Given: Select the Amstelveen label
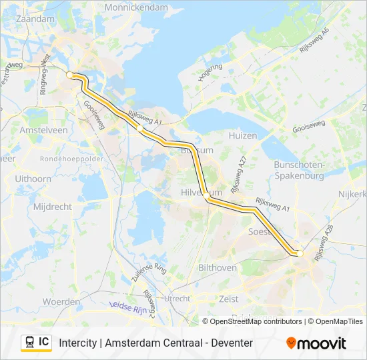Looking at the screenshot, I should point(44,131).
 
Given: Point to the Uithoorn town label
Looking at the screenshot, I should point(33,179).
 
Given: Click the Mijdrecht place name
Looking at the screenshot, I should point(52,207).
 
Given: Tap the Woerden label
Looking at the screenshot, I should point(61,302).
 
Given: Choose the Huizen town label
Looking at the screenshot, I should point(243,135).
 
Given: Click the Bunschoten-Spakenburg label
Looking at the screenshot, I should point(299,170).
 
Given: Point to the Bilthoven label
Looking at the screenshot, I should point(218,267).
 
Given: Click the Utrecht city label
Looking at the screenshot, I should point(177,298).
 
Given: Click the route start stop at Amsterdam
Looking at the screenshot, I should point(70,75).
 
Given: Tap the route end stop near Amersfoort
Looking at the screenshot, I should point(300,253).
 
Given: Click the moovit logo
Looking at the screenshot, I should point(316,343).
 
